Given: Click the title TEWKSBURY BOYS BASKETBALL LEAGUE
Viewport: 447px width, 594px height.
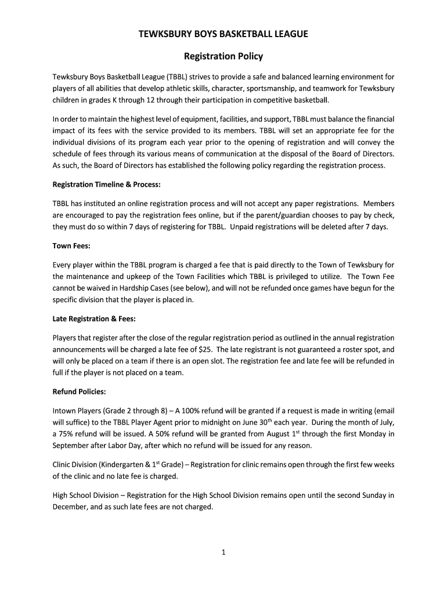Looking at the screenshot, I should point(223,35).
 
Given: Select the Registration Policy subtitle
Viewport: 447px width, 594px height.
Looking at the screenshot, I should point(223,56).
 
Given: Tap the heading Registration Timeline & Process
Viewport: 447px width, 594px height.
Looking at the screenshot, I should point(106,184).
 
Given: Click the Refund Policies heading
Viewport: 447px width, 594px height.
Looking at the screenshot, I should point(79,392).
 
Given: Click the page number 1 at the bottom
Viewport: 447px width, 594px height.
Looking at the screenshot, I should point(223,552).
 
